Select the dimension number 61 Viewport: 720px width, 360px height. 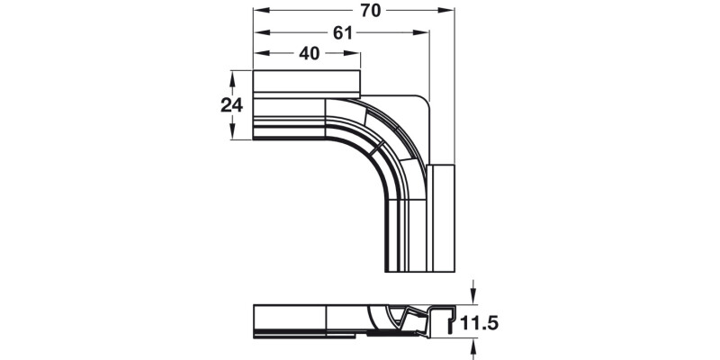coord(342,32)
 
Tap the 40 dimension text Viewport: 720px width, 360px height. coord(309,54)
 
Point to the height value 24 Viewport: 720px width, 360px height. coord(232,104)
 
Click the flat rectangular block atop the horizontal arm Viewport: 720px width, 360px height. coord(306,83)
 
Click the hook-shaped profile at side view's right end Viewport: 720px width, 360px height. coord(445,319)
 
